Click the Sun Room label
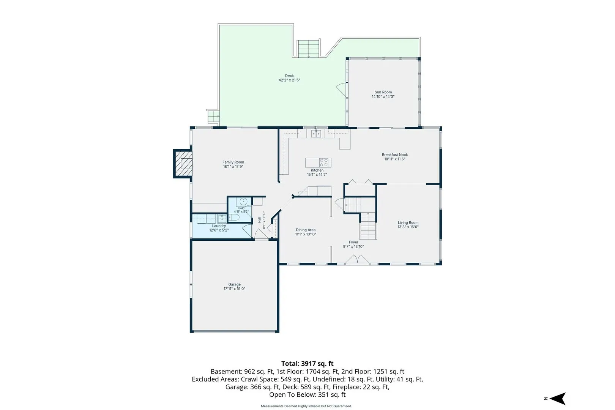pos(383,92)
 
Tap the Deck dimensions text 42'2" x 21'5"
pos(289,80)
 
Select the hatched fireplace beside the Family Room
pos(183,164)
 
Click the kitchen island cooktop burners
pos(324,162)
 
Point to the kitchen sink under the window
pos(316,134)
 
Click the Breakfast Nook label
pos(395,155)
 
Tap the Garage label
pos(235,284)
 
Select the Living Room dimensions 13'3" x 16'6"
pos(408,227)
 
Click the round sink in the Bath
pos(243,201)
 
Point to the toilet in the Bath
pos(233,218)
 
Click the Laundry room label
pos(219,226)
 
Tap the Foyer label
pos(353,242)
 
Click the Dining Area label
pos(306,230)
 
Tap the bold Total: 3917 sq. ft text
pos(307,364)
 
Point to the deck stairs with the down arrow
pos(309,48)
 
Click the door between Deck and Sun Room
pos(342,89)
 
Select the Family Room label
pos(233,162)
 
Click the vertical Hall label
pos(259,220)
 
